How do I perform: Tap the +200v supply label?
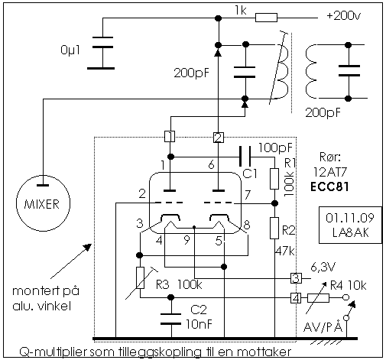344,16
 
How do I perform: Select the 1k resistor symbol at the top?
266,18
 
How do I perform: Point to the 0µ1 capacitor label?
70,50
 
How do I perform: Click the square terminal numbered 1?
170,136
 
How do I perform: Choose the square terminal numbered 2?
219,138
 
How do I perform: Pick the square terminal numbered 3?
296,278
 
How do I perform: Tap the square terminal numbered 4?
296,298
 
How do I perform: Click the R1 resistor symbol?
274,179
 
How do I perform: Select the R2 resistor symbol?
274,228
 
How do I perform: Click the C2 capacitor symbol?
171,319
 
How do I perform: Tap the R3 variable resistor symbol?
140,278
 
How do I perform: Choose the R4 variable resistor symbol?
318,298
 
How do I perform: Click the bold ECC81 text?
329,187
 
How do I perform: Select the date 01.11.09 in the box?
350,218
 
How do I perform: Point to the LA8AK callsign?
350,232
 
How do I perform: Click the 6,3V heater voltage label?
323,268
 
